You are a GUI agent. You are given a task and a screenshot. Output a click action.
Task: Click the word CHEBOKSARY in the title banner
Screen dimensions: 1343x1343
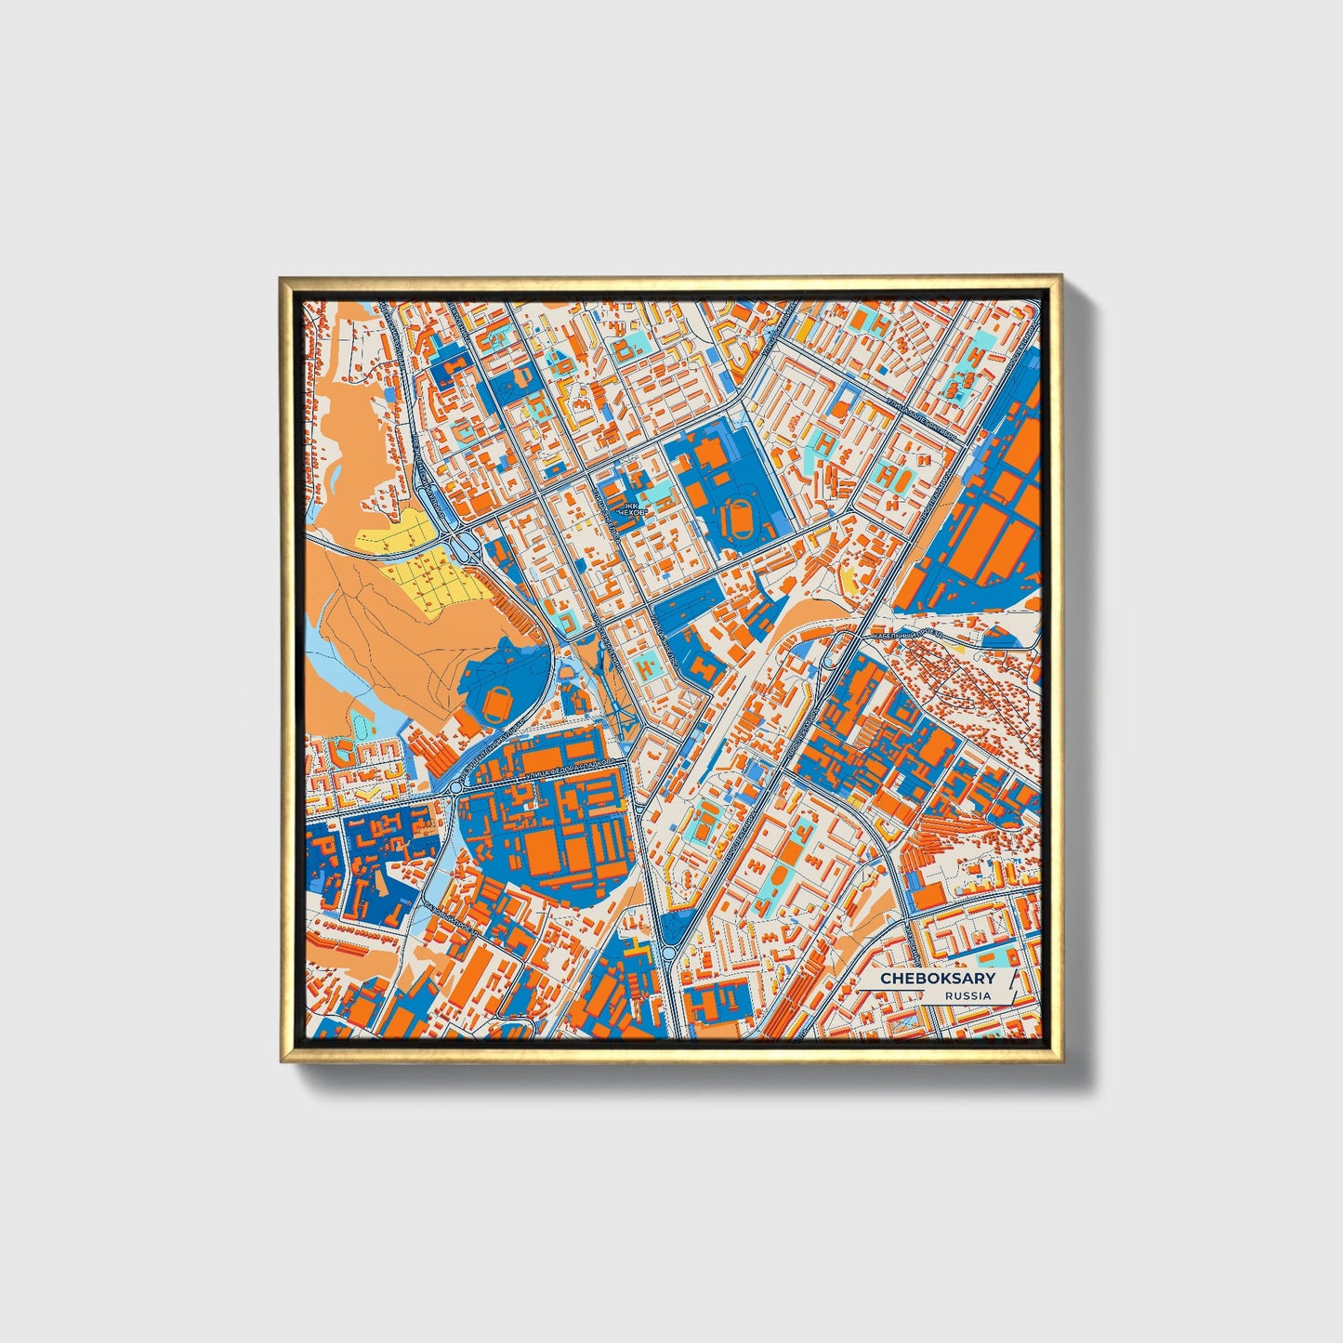[937, 979]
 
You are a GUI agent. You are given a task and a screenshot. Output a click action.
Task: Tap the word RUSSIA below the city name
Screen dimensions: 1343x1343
[968, 995]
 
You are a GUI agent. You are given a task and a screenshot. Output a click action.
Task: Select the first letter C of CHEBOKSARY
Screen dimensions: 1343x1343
[886, 979]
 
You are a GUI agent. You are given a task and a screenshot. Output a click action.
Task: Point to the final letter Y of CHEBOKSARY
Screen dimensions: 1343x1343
[990, 979]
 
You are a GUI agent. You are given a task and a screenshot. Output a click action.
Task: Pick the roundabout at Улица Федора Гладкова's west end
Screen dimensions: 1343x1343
[455, 788]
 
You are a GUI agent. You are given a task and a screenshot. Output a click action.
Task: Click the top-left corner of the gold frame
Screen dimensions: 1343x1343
[281, 277]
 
